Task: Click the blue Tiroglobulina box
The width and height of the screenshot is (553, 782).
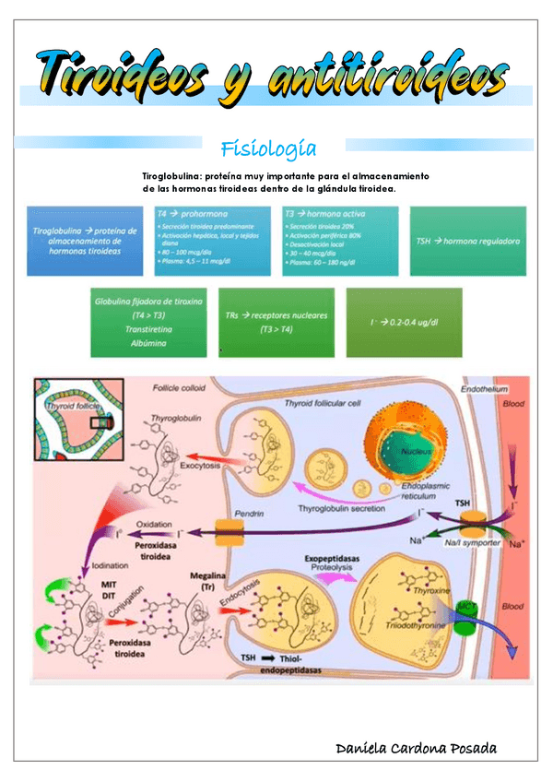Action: tap(84, 240)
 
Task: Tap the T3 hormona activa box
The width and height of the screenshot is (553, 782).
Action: tap(340, 240)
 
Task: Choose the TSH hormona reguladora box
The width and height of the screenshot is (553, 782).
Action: tap(467, 240)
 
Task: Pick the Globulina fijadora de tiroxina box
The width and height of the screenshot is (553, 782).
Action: tap(148, 322)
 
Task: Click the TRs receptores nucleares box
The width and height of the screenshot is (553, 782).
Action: tap(276, 322)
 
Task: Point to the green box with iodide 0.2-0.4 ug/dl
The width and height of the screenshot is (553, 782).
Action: tap(403, 322)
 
